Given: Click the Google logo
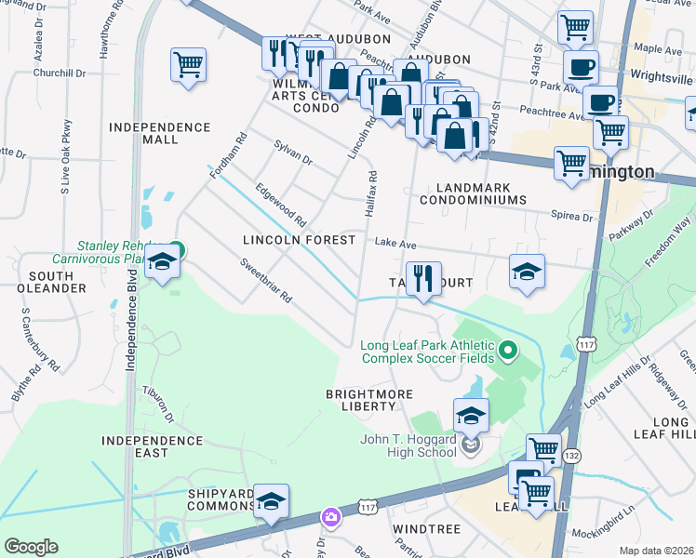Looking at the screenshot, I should [x=30, y=547].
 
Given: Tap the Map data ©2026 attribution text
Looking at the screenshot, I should [x=655, y=551].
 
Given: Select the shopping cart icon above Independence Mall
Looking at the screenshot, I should [x=188, y=66].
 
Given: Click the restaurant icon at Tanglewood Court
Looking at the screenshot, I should [x=422, y=278].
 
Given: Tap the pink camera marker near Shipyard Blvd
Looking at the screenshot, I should [x=330, y=516].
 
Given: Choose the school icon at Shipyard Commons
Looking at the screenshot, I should [x=271, y=500].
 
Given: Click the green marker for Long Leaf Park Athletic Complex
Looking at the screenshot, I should [x=507, y=351].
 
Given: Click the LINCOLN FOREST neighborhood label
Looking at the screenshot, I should [x=299, y=240].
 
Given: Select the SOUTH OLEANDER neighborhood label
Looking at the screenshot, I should [x=58, y=282].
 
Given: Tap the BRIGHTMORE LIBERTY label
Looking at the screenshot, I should [x=368, y=400].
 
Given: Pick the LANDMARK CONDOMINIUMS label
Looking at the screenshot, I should [x=472, y=193].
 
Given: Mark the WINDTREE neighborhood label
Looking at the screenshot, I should [x=426, y=528].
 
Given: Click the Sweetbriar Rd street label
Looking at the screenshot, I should [x=266, y=282].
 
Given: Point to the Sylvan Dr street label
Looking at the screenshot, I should [x=293, y=153].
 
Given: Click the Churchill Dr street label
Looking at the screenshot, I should [x=59, y=72].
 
